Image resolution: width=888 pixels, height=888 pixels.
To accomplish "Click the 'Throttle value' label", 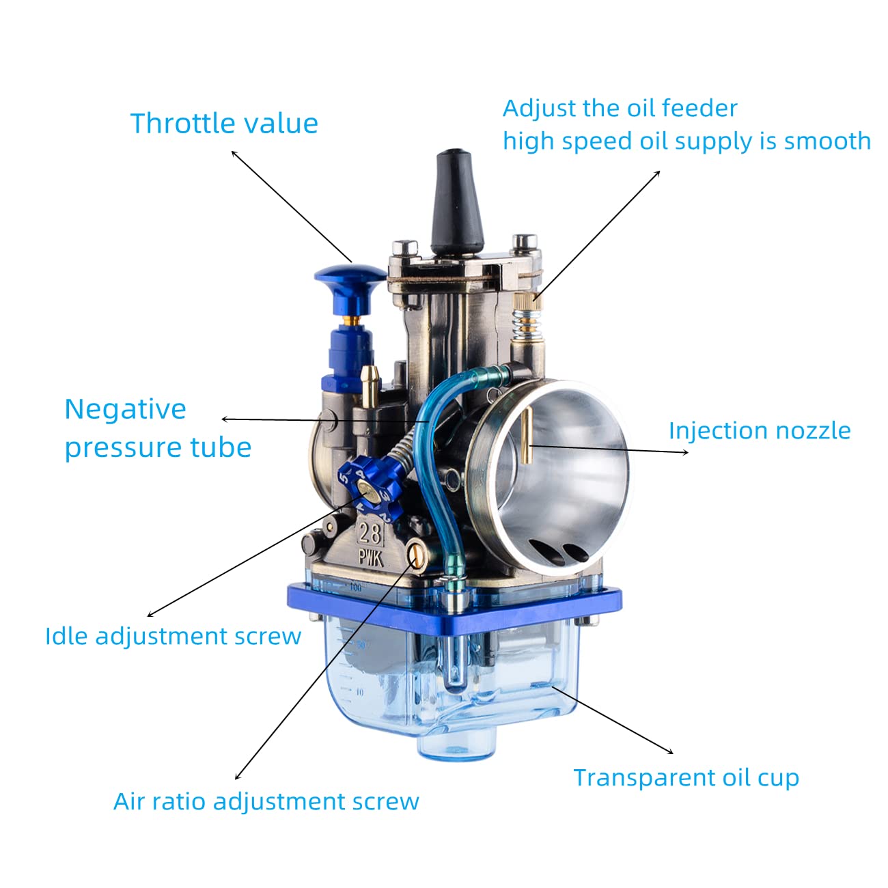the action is click(224, 124).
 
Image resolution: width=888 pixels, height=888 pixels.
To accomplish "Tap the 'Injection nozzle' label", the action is click(760, 431).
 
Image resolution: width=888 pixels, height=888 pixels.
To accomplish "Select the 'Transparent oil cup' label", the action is click(686, 778).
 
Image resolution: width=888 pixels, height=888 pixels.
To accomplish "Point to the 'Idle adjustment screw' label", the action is click(174, 637).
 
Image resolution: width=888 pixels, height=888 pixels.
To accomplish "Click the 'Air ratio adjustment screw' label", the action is click(266, 801).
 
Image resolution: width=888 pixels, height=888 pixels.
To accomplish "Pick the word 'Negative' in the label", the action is click(125, 409).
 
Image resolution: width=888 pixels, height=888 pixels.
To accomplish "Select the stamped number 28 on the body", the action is click(370, 534).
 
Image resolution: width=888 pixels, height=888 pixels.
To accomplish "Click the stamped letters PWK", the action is click(371, 558).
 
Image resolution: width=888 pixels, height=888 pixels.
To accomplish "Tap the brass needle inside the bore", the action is click(527, 435).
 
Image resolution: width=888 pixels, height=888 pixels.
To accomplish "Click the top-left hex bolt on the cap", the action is click(404, 248).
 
